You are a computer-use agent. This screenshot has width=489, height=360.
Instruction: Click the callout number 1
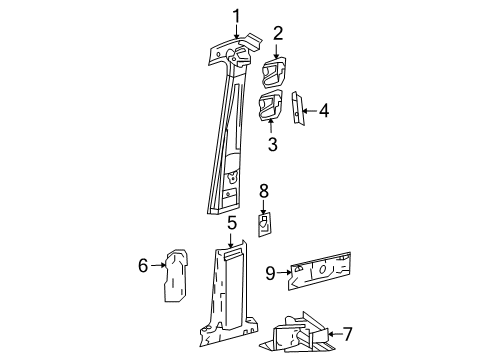coord(236,14)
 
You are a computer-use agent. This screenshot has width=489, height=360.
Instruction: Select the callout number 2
coord(278,32)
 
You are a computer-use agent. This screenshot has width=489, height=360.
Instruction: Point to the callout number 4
coord(324,111)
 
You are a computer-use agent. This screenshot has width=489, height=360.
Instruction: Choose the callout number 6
coord(143,265)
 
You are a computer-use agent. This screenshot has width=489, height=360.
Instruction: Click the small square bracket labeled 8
coord(263,225)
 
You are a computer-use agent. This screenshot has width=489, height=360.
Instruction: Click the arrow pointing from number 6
coord(157,265)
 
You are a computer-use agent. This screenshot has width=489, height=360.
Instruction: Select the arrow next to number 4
coord(310,111)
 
